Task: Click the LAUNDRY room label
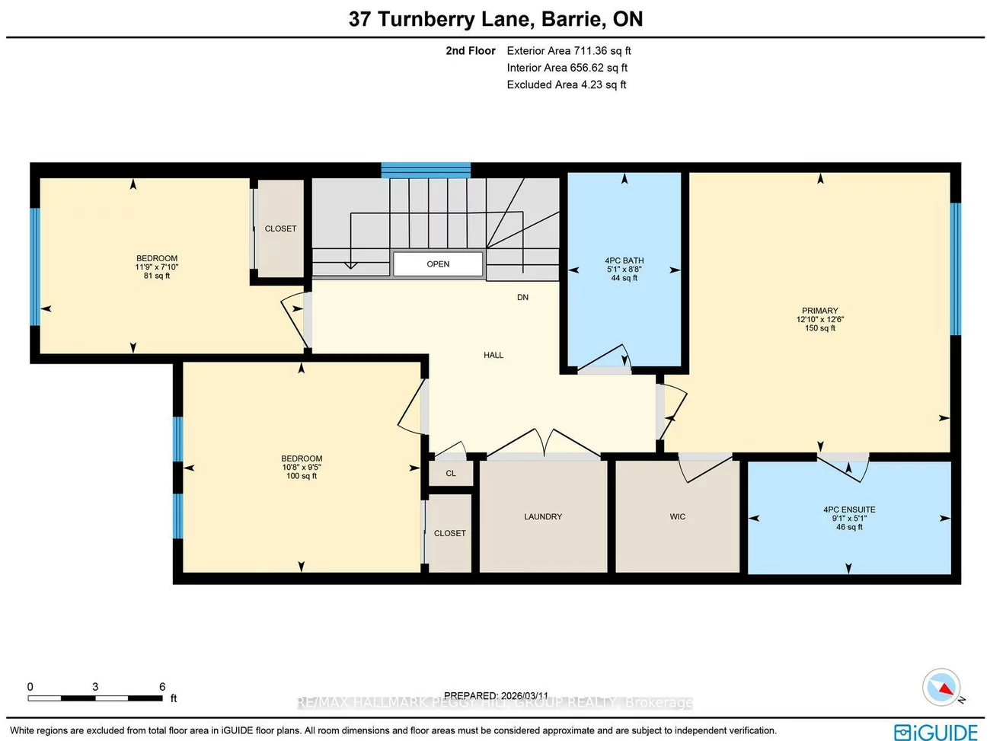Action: [543, 516]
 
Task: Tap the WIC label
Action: [678, 516]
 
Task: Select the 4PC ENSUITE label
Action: [849, 509]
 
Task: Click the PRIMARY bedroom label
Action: [819, 311]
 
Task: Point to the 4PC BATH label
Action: [624, 260]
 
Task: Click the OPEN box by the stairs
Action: [438, 264]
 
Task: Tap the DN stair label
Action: [522, 297]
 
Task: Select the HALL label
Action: [493, 355]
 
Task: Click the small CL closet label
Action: [451, 473]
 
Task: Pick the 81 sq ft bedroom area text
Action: [157, 276]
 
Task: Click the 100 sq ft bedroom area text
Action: [302, 476]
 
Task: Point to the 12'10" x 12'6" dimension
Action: [819, 319]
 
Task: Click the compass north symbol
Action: [941, 688]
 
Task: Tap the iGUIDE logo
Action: [936, 732]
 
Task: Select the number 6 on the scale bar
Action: [162, 686]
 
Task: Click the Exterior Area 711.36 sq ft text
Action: [569, 51]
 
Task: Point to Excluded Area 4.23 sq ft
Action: [567, 85]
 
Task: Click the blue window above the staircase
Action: [426, 170]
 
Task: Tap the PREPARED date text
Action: [496, 695]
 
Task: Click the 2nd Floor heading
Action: [471, 51]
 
